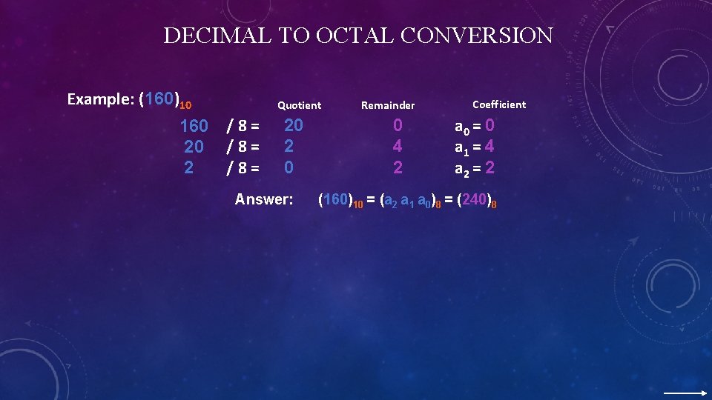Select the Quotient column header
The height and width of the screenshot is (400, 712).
pos(299,105)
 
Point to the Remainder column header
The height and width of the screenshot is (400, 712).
pos(388,105)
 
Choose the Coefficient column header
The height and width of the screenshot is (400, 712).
pos(499,104)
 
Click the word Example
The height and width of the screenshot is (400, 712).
pos(99,99)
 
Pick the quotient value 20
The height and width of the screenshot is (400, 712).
pos(294,126)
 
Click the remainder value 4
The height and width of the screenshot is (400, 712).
pos(398,147)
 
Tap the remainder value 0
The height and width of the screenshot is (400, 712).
pos(398,126)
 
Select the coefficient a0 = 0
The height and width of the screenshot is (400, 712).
pos(474,127)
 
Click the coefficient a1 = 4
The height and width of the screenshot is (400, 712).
pos(474,147)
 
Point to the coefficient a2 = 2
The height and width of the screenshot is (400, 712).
pos(474,168)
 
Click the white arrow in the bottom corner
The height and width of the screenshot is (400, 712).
pos(685,393)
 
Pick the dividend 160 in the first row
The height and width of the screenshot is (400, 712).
pos(194,127)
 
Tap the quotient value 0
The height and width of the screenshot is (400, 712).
pos(289,167)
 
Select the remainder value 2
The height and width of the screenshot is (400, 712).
pos(398,167)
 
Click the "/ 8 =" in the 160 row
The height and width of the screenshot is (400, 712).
pos(243,127)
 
